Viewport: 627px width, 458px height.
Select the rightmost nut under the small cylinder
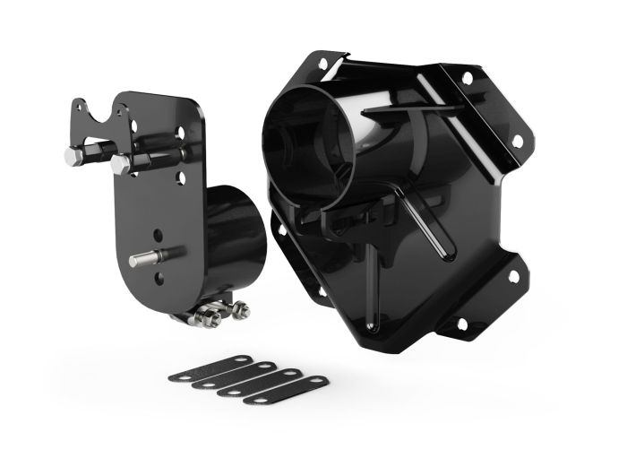241,309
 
